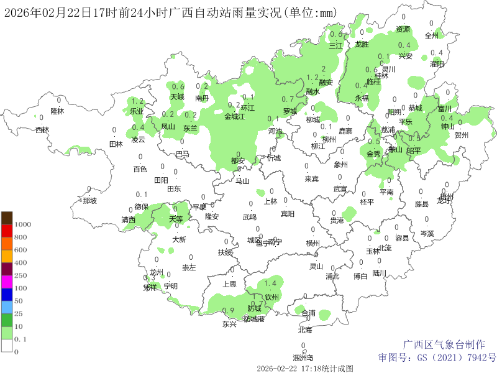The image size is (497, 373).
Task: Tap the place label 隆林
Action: (x=57, y=111)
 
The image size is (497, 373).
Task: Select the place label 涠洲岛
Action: (x=303, y=357)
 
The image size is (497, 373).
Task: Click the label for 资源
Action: (x=403, y=29)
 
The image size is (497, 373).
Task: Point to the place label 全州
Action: (x=432, y=35)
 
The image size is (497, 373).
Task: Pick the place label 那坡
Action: (x=89, y=201)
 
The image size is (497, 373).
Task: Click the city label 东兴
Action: (x=229, y=324)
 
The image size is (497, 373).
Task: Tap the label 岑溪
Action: (x=427, y=234)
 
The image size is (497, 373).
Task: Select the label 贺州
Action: (x=462, y=134)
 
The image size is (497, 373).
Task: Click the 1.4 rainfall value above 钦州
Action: (x=270, y=284)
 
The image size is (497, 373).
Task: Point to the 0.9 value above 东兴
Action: (x=228, y=310)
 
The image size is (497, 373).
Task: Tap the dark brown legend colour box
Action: (x=7, y=218)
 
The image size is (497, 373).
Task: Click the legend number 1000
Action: (x=22, y=224)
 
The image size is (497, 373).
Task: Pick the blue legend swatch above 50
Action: (x=7, y=294)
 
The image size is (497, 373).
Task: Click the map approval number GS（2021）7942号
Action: (x=437, y=357)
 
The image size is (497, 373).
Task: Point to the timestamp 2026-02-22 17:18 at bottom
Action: (x=304, y=368)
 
